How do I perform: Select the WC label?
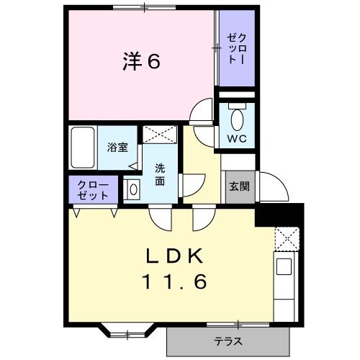pyautogui.click(x=237, y=139)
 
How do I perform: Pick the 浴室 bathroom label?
pyautogui.click(x=117, y=148)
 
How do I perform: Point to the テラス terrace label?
pyautogui.click(x=228, y=341)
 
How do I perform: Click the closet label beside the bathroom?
pyautogui.click(x=94, y=190)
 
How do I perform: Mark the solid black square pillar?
pyautogui.click(x=280, y=214)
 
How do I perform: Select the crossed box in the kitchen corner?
pyautogui.click(x=286, y=238)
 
